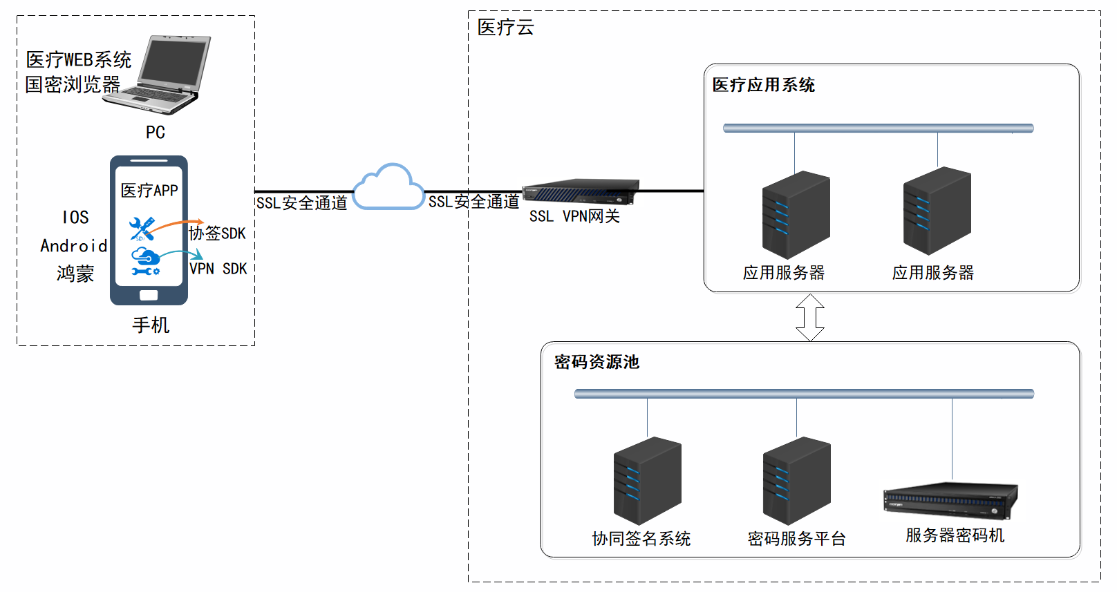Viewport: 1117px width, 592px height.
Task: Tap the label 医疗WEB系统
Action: tap(78, 60)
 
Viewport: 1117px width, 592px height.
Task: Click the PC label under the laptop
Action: tap(155, 132)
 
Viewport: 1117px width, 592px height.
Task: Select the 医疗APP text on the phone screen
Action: tap(149, 191)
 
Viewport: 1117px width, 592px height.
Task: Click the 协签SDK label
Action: tap(218, 233)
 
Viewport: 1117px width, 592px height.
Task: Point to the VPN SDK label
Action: tap(218, 269)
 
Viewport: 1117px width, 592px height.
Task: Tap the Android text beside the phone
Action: tap(73, 246)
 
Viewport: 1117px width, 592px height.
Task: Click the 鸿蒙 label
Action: tap(75, 274)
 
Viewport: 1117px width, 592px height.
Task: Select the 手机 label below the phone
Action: tap(151, 325)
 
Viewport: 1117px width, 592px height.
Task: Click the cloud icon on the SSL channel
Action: tap(388, 188)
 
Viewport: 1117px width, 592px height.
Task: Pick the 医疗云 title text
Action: tap(505, 28)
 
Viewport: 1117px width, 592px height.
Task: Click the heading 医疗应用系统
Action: tap(763, 85)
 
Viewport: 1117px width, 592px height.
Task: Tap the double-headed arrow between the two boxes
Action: tap(809, 317)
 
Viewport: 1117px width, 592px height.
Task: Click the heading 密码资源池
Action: tap(597, 362)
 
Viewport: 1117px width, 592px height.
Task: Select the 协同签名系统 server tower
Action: tap(647, 480)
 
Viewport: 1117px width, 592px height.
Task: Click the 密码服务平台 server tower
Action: tap(796, 480)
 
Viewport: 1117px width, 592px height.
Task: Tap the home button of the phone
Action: tap(149, 295)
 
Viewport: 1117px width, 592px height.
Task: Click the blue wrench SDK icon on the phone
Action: tap(142, 228)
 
